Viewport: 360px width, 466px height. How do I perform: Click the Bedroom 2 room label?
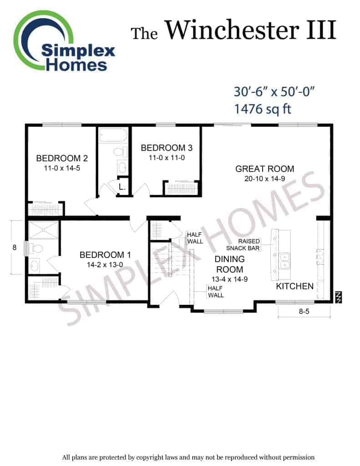tap(62, 158)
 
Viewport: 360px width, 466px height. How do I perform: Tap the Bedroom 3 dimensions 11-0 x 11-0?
tap(167, 158)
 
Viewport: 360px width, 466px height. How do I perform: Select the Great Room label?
tap(264, 169)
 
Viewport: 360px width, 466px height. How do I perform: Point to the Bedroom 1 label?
tap(105, 255)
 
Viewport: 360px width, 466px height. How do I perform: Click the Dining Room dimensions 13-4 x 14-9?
tap(229, 279)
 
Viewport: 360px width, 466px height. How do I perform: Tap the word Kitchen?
tap(294, 286)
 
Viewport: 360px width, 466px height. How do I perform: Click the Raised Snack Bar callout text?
tap(243, 244)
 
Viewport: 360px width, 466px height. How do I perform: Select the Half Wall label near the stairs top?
tap(195, 238)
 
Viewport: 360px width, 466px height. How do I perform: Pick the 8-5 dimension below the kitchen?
tap(304, 311)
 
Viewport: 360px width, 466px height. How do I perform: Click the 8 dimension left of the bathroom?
tap(14, 247)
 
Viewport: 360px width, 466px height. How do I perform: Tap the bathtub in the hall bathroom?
tap(113, 135)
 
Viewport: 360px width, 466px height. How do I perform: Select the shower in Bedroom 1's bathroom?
tap(43, 230)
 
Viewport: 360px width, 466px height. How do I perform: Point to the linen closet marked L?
tap(122, 187)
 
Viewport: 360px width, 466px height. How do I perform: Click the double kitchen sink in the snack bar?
tap(285, 261)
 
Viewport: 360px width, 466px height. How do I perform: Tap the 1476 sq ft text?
tap(263, 109)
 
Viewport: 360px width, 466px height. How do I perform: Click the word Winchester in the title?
tap(232, 30)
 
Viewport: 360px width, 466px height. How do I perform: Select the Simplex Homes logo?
tap(64, 41)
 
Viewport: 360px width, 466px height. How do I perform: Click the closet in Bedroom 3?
tap(181, 188)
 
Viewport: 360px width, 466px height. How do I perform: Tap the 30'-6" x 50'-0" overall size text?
tap(274, 91)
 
